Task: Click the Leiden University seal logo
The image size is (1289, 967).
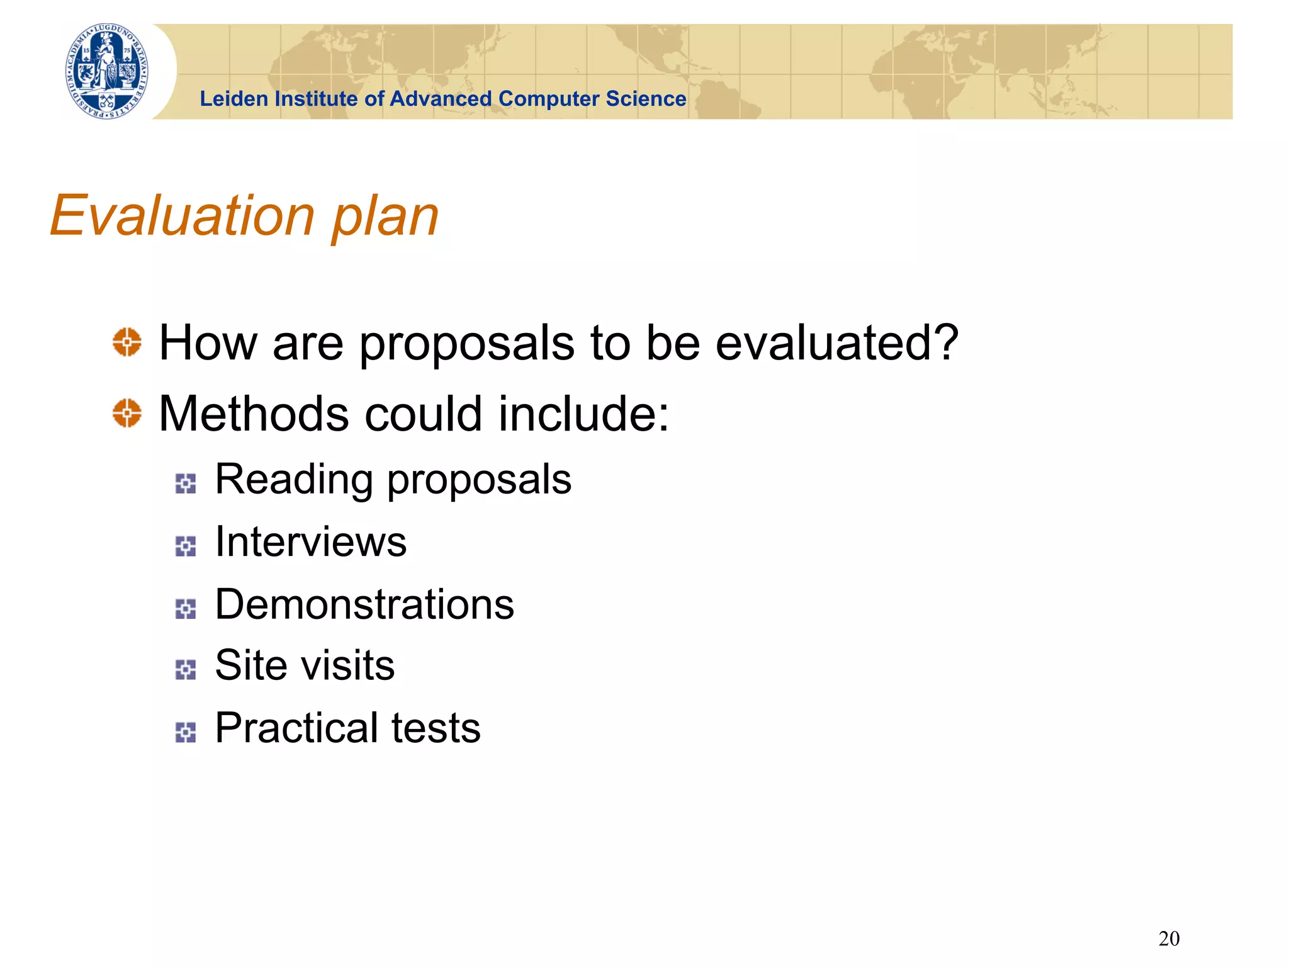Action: coord(108,71)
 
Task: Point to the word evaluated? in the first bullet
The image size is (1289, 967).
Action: coord(837,343)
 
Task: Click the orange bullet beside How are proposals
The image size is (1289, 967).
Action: coord(127,342)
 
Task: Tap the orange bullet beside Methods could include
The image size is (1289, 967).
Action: coord(127,413)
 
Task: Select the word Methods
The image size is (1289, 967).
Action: coord(253,414)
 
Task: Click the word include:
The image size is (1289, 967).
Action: coord(584,414)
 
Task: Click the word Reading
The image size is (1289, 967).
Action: coord(293,480)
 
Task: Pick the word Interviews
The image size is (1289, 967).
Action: coord(311,541)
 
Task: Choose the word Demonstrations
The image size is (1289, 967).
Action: coord(364,604)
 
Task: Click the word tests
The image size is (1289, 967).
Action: coord(436,728)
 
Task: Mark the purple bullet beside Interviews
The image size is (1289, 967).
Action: coord(186,546)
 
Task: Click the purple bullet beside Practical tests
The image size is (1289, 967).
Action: coord(186,732)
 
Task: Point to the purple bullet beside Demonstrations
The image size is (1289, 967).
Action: coord(186,609)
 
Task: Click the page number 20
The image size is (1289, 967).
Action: coord(1169,939)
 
